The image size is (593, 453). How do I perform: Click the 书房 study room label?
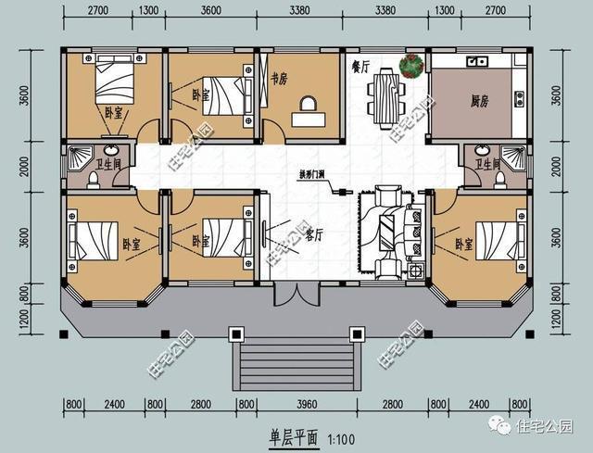coord(275,69)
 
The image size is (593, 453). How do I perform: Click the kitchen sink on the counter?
coord(478,62)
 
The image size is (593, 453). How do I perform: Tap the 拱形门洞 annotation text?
coord(310,175)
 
